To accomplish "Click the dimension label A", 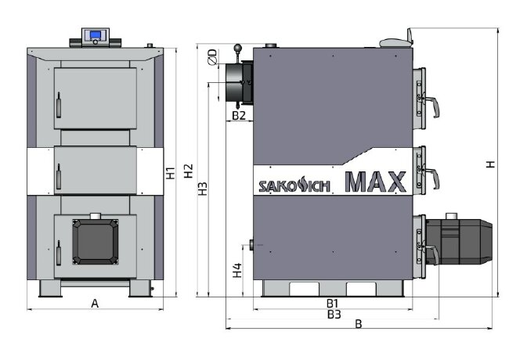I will [95, 303].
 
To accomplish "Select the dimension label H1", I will [170, 174].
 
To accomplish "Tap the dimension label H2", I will [188, 174].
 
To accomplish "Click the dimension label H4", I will [237, 272].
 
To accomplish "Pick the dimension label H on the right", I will [489, 164].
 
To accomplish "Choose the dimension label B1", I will [332, 302].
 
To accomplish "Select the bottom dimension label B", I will [359, 324].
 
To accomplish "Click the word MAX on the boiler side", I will [375, 182].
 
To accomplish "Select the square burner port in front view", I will [94, 241].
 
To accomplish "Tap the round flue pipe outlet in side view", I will [234, 81].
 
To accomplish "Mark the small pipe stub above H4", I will [251, 245].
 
